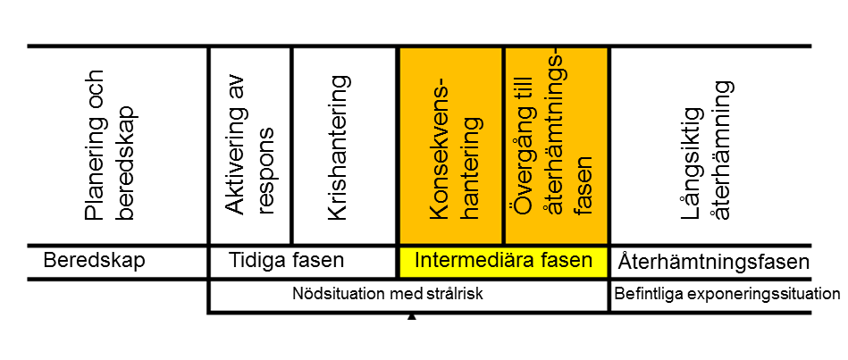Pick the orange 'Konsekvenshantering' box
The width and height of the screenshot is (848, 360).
(451, 145)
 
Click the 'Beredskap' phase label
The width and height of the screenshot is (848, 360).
(94, 261)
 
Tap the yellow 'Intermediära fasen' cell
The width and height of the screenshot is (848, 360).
(504, 261)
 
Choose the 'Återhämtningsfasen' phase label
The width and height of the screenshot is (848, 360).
(713, 264)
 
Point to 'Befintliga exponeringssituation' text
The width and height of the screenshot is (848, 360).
(727, 294)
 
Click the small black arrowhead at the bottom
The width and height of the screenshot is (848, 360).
(412, 318)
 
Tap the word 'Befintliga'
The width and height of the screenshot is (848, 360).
(642, 294)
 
